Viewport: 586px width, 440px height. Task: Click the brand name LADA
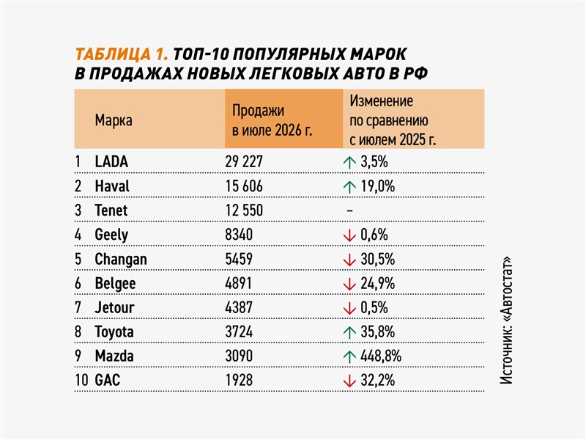click(111, 161)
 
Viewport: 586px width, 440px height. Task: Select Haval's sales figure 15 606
click(244, 186)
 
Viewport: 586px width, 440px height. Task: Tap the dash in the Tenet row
click(349, 210)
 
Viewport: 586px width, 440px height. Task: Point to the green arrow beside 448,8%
click(349, 356)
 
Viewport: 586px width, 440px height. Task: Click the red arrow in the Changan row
click(349, 260)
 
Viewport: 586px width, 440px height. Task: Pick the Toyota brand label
click(114, 332)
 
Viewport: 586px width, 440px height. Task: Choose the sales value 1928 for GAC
click(239, 380)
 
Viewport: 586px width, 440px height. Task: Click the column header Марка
click(114, 120)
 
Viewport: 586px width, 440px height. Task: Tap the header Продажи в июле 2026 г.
click(272, 120)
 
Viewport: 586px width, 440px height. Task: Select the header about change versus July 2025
click(393, 120)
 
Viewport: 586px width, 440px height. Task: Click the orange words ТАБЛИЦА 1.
click(121, 54)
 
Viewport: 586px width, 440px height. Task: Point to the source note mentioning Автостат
click(506, 320)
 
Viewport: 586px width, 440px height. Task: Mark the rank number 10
click(81, 380)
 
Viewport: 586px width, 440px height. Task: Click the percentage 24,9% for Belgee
click(377, 284)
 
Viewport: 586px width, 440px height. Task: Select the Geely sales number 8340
click(239, 235)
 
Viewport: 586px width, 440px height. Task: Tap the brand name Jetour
click(114, 307)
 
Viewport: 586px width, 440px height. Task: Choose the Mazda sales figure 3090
click(239, 356)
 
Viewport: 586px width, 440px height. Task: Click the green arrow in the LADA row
click(349, 162)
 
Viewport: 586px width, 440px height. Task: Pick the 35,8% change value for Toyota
click(377, 332)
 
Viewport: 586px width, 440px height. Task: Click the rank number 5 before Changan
click(78, 259)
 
